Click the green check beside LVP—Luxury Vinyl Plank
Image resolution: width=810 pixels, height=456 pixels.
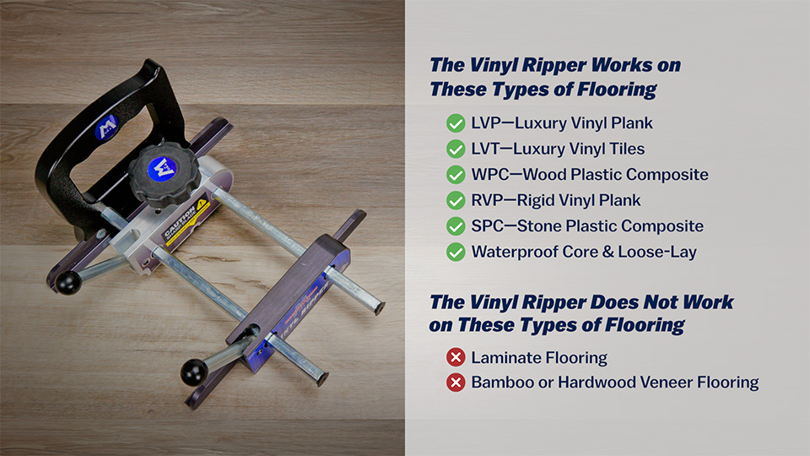click(456, 123)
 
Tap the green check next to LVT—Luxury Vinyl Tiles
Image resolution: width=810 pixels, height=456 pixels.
click(456, 149)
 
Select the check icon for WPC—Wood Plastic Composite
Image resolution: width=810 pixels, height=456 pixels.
click(456, 175)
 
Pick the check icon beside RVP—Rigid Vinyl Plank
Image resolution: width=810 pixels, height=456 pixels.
click(456, 200)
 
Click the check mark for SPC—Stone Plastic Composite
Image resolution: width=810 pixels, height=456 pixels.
click(456, 226)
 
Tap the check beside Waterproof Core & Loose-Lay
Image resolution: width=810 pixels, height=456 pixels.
click(456, 252)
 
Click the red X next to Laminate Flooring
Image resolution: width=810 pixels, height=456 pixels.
click(456, 357)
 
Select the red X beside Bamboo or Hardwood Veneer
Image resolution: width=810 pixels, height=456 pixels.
click(456, 383)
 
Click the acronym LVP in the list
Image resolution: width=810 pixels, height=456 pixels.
click(487, 123)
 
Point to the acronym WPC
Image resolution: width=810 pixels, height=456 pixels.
click(490, 175)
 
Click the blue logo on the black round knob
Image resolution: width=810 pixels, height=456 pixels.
click(161, 168)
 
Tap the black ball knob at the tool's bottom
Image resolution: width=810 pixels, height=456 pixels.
click(192, 370)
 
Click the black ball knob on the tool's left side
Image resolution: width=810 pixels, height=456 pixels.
click(68, 283)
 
